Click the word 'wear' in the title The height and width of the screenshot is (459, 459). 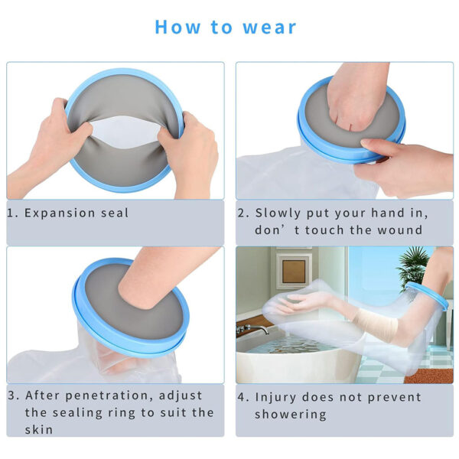click(269, 28)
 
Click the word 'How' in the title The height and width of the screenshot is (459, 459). click(177, 27)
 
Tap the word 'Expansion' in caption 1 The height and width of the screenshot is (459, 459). click(60, 213)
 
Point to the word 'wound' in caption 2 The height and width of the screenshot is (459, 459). click(400, 230)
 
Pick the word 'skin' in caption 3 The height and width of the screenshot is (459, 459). click(39, 429)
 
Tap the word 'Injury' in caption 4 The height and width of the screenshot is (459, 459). click(275, 398)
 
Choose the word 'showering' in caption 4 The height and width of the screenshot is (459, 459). click(291, 415)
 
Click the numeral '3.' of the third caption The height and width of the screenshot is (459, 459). click(14, 396)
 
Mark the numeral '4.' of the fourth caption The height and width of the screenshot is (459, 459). click(243, 398)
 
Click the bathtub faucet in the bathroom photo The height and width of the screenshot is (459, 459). click(252, 329)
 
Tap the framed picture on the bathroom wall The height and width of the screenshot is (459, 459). click(294, 271)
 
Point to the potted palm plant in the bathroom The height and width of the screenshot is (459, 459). click(412, 265)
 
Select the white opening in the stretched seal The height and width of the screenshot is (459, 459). click(126, 132)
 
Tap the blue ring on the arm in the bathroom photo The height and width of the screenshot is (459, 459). click(428, 295)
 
